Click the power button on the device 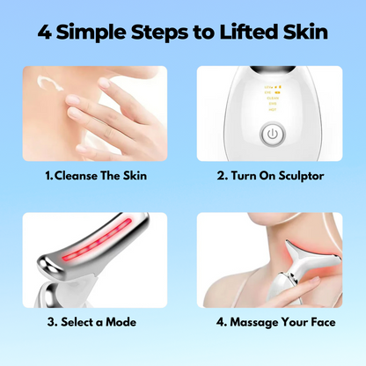point(273,135)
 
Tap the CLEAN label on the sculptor point(273,99)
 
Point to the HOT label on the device point(273,110)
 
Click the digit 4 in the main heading point(45,32)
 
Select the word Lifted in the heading point(249,32)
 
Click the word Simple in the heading point(91,33)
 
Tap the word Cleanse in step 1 point(76,176)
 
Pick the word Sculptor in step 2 point(301,176)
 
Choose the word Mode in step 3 point(121,322)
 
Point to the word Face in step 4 point(323,322)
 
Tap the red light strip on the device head point(97,240)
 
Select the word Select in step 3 point(77,322)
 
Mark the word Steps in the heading point(159,33)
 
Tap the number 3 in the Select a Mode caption point(52,322)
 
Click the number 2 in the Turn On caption point(222,176)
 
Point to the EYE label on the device point(268,92)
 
